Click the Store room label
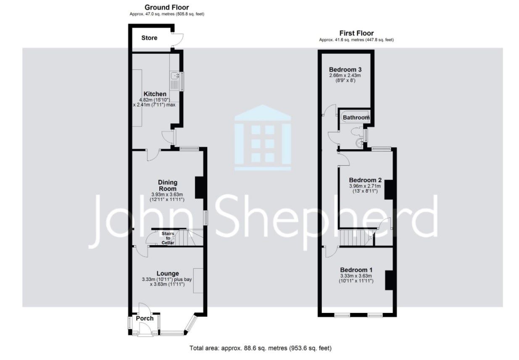149,38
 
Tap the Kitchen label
155,94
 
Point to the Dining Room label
168,185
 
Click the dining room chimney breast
199,188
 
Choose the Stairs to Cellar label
168,238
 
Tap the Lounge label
168,273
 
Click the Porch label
145,318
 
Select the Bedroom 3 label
345,69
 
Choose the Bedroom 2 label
365,180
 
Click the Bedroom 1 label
356,270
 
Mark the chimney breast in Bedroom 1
389,280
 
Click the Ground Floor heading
166,8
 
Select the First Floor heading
356,33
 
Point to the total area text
261,348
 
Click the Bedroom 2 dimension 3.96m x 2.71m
365,186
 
